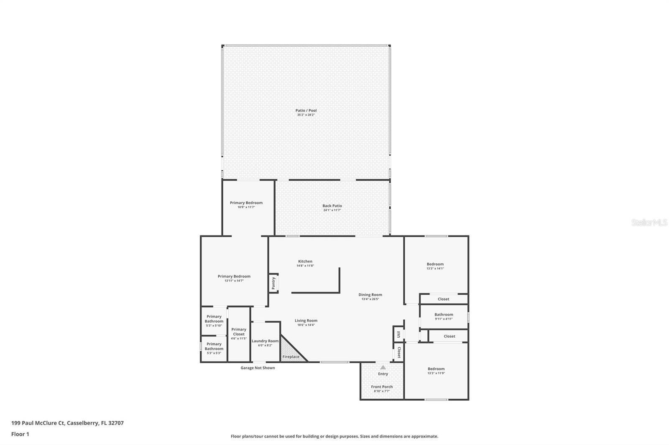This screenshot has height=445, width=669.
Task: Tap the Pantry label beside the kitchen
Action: pyautogui.click(x=273, y=283)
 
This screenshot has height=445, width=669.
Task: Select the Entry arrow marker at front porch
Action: pyautogui.click(x=383, y=367)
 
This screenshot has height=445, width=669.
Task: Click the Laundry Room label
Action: pyautogui.click(x=265, y=341)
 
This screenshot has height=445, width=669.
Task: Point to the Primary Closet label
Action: pyautogui.click(x=239, y=331)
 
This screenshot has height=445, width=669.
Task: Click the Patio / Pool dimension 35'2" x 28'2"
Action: pyautogui.click(x=306, y=115)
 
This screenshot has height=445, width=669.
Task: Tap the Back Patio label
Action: pyautogui.click(x=332, y=206)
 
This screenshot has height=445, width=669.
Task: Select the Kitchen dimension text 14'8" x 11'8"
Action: pyautogui.click(x=305, y=266)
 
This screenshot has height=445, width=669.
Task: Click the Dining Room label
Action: pyautogui.click(x=370, y=295)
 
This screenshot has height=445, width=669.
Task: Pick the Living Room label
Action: pyautogui.click(x=306, y=321)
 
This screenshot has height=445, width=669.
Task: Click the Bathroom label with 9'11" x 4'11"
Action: pyautogui.click(x=444, y=315)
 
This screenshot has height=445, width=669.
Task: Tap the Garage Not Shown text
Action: pyautogui.click(x=258, y=368)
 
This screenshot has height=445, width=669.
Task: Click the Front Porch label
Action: pyautogui.click(x=382, y=387)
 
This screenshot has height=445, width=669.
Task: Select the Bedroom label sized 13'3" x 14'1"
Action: pyautogui.click(x=435, y=264)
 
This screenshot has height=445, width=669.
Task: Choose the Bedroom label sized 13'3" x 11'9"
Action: pyautogui.click(x=436, y=369)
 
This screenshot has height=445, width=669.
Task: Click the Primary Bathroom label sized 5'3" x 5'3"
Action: pyautogui.click(x=214, y=346)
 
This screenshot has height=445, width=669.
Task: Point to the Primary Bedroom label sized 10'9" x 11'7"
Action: pyautogui.click(x=246, y=203)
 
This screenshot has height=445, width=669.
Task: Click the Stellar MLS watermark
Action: pyautogui.click(x=649, y=223)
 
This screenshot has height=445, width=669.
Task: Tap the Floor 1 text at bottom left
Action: pyautogui.click(x=20, y=434)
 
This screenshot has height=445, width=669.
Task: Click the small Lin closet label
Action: pyautogui.click(x=398, y=334)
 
